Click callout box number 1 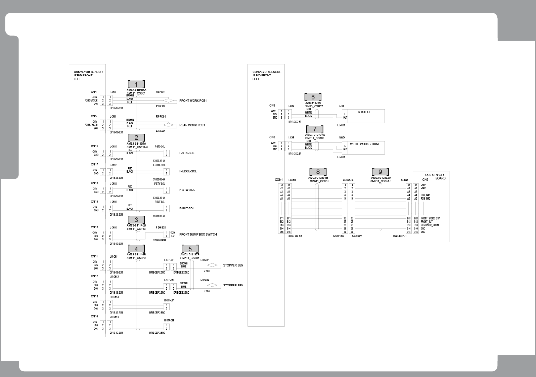click(x=136, y=84)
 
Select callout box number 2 click(x=136, y=137)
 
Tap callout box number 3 click(x=136, y=220)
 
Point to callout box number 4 click(x=136, y=249)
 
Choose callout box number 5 click(x=190, y=249)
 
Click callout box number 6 click(x=313, y=97)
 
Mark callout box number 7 click(x=315, y=129)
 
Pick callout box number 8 click(x=318, y=172)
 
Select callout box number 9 click(x=381, y=172)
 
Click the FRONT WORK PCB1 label click(x=193, y=101)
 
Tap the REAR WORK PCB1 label click(x=192, y=125)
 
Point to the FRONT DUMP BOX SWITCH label click(x=198, y=235)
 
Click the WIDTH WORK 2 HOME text click(x=365, y=144)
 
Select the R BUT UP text click(x=364, y=112)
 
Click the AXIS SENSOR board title click(x=434, y=175)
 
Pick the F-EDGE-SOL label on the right click(x=188, y=171)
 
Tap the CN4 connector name click(x=93, y=92)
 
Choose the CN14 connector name click(x=94, y=317)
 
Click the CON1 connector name click(x=279, y=180)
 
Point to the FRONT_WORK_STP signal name click(x=430, y=218)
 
